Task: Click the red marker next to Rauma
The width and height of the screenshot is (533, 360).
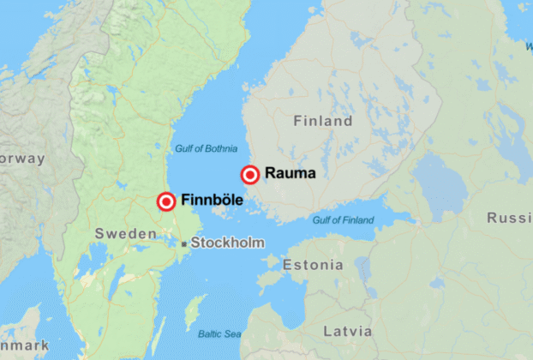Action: click(x=250, y=175)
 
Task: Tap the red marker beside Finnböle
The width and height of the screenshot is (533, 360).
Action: click(x=167, y=202)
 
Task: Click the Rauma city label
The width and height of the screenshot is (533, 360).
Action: click(x=290, y=173)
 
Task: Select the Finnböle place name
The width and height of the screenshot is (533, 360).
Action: click(x=213, y=201)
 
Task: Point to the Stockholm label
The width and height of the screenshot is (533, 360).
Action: click(x=227, y=243)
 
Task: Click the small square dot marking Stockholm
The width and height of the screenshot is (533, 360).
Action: click(x=184, y=244)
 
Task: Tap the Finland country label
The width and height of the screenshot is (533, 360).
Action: click(x=323, y=122)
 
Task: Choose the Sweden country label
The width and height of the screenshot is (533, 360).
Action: click(x=125, y=234)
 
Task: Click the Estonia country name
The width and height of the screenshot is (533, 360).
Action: click(x=313, y=265)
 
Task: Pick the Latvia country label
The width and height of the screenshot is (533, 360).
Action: click(x=348, y=331)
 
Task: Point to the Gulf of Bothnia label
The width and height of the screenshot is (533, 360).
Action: click(x=207, y=149)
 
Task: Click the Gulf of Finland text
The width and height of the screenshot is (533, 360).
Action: click(x=343, y=220)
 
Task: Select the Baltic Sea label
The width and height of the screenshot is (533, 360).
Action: click(x=220, y=333)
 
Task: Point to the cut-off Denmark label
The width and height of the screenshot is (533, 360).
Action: click(x=21, y=345)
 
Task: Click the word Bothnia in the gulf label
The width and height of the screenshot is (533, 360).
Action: click(x=220, y=149)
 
